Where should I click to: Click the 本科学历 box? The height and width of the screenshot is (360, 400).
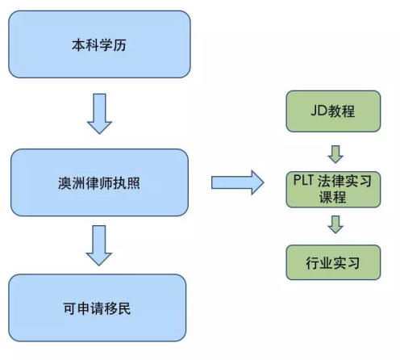click(x=99, y=44)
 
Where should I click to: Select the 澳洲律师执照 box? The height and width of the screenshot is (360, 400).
click(x=99, y=182)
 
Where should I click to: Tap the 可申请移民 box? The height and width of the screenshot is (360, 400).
click(x=98, y=308)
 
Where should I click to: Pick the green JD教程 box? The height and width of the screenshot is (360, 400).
click(x=333, y=111)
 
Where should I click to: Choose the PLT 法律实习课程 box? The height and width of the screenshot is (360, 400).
click(x=333, y=190)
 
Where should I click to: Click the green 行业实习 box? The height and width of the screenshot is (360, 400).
click(x=333, y=262)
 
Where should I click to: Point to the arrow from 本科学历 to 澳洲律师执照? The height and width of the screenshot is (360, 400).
click(x=99, y=114)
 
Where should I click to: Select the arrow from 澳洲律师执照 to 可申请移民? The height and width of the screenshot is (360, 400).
click(x=99, y=245)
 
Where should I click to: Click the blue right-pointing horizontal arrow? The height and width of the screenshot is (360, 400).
click(x=238, y=182)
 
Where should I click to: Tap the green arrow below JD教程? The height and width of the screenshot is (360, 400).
click(x=335, y=154)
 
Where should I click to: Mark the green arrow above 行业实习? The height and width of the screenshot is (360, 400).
click(x=335, y=224)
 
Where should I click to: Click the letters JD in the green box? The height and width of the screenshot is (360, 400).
click(x=319, y=111)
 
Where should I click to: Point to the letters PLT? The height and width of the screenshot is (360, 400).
click(x=303, y=180)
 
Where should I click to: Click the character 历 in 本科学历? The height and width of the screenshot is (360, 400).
click(x=119, y=45)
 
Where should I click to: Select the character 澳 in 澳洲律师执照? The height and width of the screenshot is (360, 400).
click(x=65, y=183)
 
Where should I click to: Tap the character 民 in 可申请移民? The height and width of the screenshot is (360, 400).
click(x=124, y=308)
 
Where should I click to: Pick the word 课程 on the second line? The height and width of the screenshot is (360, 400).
click(x=333, y=197)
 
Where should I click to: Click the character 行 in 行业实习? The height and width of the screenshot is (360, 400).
click(x=313, y=263)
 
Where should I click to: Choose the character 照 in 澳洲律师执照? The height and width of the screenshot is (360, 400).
click(x=133, y=183)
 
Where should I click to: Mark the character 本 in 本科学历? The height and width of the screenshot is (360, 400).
click(x=79, y=45)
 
